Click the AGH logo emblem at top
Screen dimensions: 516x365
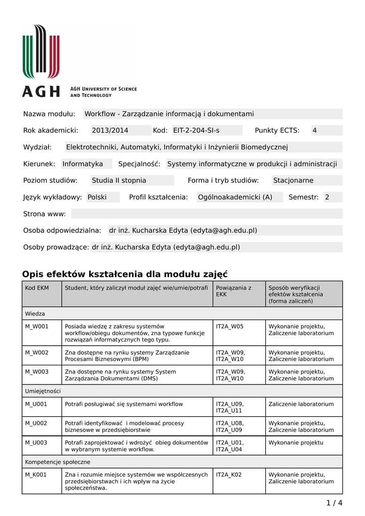point(41,52)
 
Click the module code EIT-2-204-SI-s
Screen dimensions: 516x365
point(196,131)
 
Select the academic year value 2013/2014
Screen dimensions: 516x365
point(110,131)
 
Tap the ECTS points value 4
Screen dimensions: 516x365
point(315,131)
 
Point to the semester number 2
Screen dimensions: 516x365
point(327,197)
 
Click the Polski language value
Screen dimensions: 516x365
point(97,197)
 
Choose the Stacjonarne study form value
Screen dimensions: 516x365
point(293,180)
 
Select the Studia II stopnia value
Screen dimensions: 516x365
point(119,180)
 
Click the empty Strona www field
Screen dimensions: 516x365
point(206,214)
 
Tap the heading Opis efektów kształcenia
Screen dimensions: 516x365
point(125,274)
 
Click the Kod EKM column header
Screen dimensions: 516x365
point(37,288)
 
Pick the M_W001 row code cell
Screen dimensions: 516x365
point(37,327)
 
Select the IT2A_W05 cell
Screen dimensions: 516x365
point(230,327)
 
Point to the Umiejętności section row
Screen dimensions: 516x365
point(43,391)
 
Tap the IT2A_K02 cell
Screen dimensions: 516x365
point(229,475)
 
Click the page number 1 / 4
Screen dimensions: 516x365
point(334,502)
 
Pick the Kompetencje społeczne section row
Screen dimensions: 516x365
point(58,462)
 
